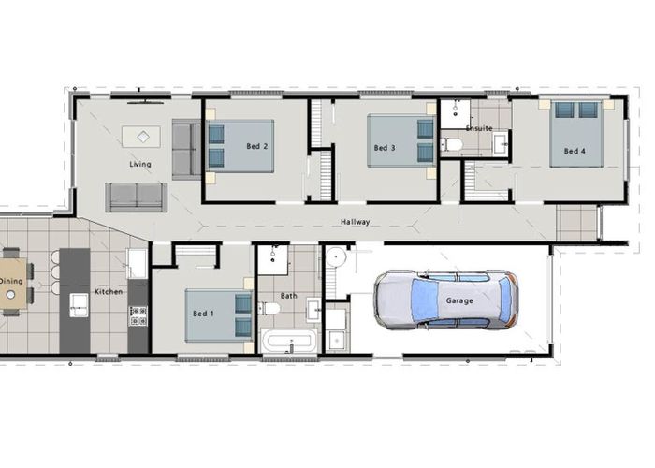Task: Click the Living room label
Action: [140, 164]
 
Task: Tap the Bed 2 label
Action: [257, 146]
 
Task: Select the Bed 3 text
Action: [385, 148]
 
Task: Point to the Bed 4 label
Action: [575, 152]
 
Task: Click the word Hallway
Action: [355, 222]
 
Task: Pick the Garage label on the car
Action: [459, 300]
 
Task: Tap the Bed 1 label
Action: [203, 314]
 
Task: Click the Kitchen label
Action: [109, 292]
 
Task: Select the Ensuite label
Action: [479, 128]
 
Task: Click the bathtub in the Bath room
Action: [288, 340]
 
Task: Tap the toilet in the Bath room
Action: [269, 309]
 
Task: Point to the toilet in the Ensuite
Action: [451, 145]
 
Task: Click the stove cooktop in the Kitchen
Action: [138, 316]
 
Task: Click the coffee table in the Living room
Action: [141, 137]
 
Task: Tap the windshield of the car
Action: [421, 300]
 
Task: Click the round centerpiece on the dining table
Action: [11, 295]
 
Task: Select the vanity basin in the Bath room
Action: [313, 310]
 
